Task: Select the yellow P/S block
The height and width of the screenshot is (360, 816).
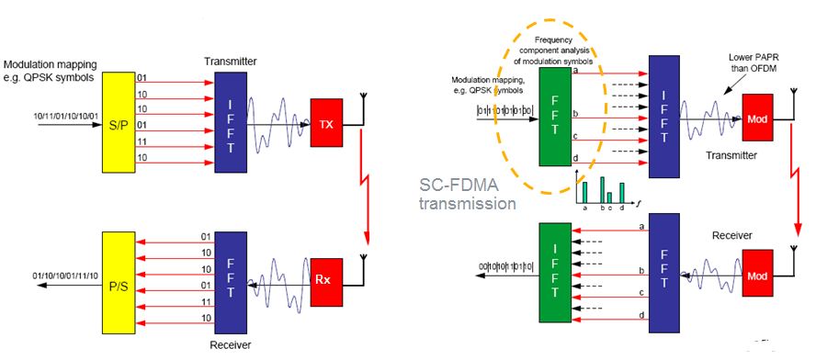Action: (119, 283)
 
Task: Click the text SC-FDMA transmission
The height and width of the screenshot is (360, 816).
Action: (466, 194)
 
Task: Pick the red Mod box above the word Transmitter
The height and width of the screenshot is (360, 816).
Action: (758, 118)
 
